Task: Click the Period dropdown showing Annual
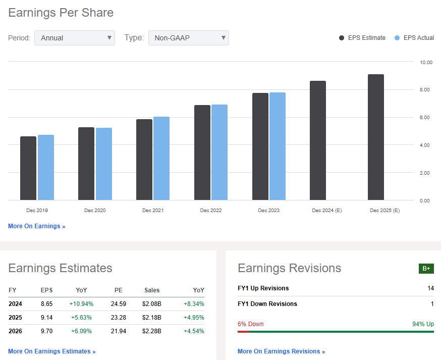75,38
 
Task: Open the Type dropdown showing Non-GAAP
188,38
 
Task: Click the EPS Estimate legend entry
362,38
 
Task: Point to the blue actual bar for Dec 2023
278,146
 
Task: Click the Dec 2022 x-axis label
211,210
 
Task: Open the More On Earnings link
36,226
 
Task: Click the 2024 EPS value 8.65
46,304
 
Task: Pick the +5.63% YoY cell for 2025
81,318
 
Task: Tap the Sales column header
151,290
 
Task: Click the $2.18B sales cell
151,318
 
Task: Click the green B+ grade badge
426,269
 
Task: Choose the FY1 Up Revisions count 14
430,288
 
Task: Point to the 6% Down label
250,324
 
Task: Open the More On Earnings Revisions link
281,351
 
